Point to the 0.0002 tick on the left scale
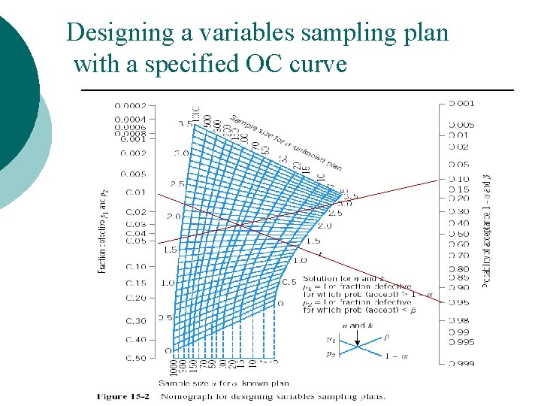[130, 106]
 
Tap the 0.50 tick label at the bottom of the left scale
[135, 357]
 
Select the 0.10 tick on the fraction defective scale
[135, 267]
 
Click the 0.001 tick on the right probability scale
[461, 103]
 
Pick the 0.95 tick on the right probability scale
[459, 302]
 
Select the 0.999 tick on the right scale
[461, 363]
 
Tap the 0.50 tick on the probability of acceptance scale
[459, 234]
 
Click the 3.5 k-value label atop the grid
[184, 123]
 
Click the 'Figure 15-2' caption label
[125, 396]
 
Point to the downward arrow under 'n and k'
[357, 334]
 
